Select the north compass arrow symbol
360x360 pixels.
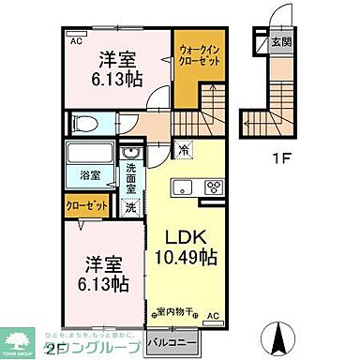pos(279,330)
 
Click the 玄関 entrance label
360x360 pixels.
pos(281,41)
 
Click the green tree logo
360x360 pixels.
pos(20,337)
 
